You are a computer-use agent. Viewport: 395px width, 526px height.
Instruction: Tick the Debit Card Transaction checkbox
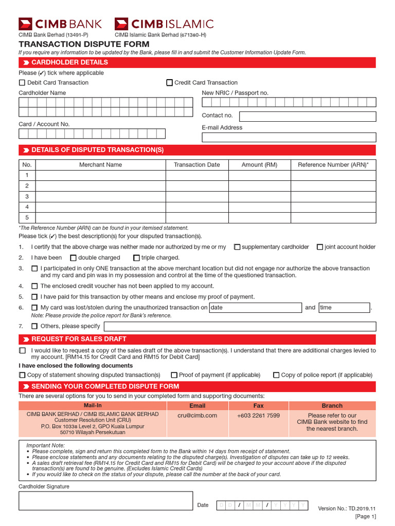(22, 83)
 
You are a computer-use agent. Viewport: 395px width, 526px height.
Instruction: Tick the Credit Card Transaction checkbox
(170, 83)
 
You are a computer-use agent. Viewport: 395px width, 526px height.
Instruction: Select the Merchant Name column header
(100, 165)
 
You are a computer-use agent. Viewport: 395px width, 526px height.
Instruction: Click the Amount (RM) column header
(259, 165)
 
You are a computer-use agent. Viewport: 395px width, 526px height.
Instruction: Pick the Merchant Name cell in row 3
(100, 197)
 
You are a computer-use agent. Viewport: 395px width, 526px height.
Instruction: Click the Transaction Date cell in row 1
(196, 175)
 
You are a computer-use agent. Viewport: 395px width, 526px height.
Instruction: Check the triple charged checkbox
(136, 258)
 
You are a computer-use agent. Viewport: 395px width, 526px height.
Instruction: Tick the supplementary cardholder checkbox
(237, 247)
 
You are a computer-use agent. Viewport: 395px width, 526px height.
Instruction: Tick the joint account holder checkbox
(320, 247)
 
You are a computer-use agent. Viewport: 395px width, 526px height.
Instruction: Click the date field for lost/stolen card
(255, 308)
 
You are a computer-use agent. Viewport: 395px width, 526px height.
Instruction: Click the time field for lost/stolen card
(344, 308)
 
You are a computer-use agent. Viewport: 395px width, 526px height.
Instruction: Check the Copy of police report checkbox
(276, 375)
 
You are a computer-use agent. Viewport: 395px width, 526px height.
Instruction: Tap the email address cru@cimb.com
(197, 416)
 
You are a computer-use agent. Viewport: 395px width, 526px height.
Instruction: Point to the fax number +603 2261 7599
(258, 416)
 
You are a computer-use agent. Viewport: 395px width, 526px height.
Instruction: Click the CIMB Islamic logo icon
(121, 23)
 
